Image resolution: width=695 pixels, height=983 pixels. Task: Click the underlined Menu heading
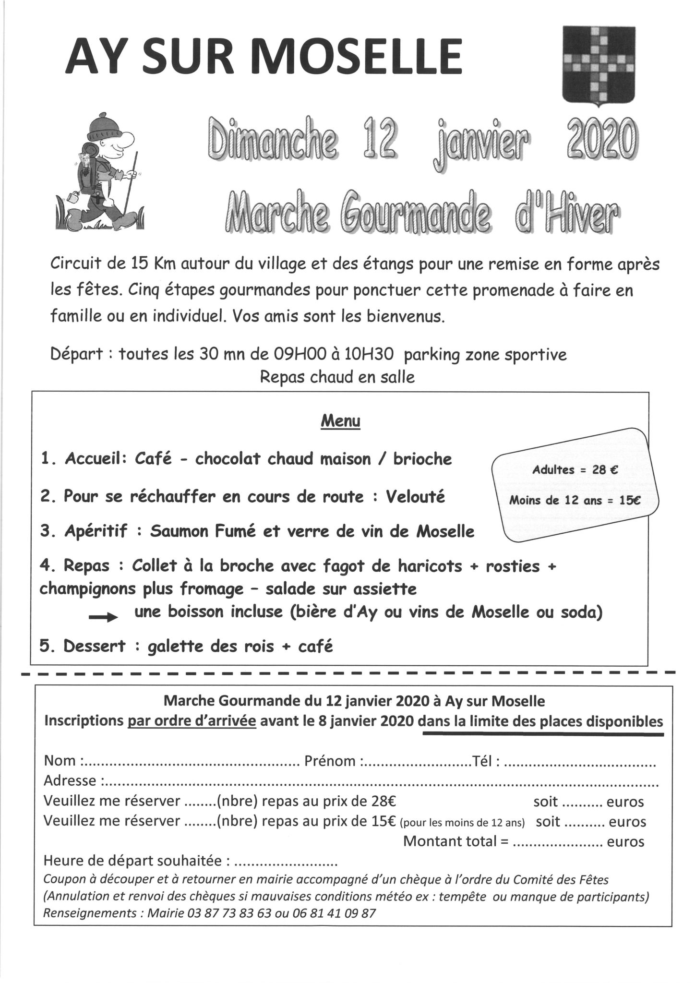[340, 421]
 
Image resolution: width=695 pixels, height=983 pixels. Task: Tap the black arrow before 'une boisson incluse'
[103, 618]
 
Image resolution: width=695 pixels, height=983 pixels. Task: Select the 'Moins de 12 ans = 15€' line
[575, 500]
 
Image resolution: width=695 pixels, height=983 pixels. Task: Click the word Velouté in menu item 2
[415, 496]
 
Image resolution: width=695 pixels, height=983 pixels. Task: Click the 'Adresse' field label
[70, 780]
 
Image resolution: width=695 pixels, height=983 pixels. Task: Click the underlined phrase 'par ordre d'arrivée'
[192, 721]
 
